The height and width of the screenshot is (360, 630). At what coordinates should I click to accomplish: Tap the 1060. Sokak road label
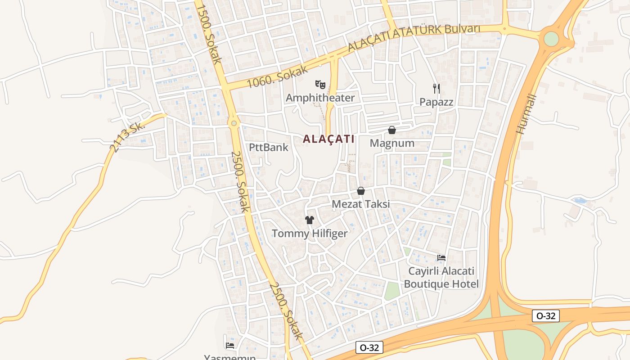pyautogui.click(x=277, y=76)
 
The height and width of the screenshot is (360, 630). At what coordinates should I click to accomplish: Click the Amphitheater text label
pyautogui.click(x=320, y=98)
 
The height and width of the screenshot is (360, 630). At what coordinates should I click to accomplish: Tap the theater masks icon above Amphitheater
pyautogui.click(x=320, y=84)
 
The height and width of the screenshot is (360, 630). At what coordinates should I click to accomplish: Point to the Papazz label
pyautogui.click(x=436, y=102)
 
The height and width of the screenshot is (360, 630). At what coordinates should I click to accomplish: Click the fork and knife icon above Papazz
pyautogui.click(x=436, y=88)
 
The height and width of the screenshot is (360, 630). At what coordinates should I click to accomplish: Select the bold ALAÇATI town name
pyautogui.click(x=328, y=139)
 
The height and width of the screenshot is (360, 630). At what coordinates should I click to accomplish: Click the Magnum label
pyautogui.click(x=392, y=143)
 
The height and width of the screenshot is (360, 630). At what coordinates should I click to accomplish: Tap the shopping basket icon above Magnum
pyautogui.click(x=392, y=130)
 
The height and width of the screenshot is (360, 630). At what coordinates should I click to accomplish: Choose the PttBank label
pyautogui.click(x=269, y=147)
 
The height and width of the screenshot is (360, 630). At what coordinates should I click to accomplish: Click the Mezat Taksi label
pyautogui.click(x=360, y=204)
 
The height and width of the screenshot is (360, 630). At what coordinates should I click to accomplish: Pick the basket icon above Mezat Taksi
pyautogui.click(x=360, y=191)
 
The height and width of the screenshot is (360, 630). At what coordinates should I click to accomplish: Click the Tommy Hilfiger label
pyautogui.click(x=310, y=233)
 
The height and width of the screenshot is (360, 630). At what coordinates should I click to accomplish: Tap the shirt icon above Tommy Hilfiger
pyautogui.click(x=310, y=220)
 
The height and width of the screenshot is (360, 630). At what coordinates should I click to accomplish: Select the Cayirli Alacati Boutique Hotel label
pyautogui.click(x=441, y=278)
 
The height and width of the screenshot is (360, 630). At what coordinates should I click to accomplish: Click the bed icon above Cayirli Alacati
pyautogui.click(x=441, y=258)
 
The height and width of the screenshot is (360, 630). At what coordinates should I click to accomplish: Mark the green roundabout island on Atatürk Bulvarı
pyautogui.click(x=551, y=39)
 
